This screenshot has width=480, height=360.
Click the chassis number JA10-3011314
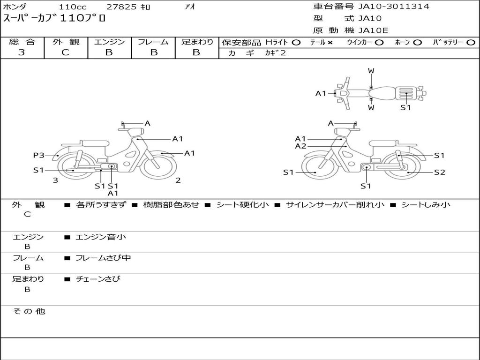(394, 7)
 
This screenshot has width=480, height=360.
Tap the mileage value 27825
(121, 7)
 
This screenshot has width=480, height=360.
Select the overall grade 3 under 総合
(22, 52)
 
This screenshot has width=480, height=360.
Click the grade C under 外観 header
(65, 52)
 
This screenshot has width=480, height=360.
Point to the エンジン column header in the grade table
(109, 42)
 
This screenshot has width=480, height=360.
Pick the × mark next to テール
(330, 43)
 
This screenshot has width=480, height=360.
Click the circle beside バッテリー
(471, 43)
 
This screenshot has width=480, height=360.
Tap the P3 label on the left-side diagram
(38, 155)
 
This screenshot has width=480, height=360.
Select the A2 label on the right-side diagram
(300, 146)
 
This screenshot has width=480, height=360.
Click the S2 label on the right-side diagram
(439, 172)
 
